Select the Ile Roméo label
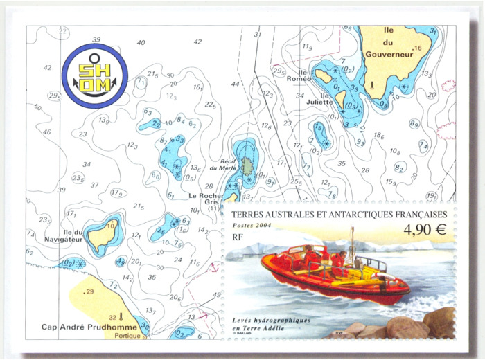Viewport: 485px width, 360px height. tap(299, 75)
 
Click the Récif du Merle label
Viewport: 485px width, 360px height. tap(224, 163)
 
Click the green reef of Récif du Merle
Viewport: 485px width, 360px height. tap(247, 165)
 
